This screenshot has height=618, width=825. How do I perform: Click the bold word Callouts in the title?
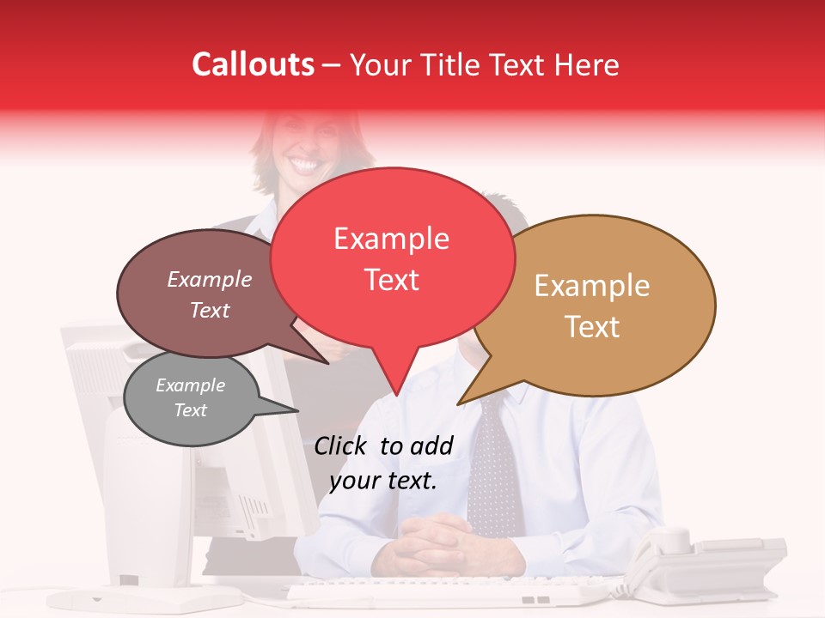point(253,64)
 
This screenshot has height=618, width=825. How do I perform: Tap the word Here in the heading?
point(587,65)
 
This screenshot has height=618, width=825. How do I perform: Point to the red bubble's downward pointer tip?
point(396,395)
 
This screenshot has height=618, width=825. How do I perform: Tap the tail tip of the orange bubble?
point(459,403)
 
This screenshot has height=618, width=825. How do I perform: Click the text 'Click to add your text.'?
point(383,463)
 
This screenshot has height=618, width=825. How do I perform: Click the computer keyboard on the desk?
point(447,591)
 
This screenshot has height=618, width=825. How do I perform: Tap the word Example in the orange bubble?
point(592,286)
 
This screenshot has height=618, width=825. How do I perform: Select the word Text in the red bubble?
point(392,280)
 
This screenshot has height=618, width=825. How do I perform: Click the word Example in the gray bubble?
point(190,385)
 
